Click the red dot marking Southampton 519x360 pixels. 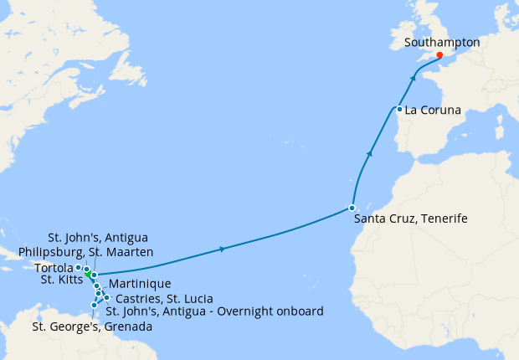440,56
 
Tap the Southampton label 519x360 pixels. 441,41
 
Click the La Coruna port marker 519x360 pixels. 399,109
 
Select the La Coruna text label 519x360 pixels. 434,109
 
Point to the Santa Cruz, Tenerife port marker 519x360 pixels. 352,208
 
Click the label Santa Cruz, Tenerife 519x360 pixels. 410,219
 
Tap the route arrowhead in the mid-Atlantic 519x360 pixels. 222,249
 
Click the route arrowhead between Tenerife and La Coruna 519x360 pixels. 369,153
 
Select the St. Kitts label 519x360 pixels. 61,280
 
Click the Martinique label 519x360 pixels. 140,285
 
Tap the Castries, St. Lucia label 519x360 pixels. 163,298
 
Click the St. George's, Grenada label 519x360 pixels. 92,327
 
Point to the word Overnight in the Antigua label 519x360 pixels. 241,311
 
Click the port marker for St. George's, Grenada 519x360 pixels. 94,305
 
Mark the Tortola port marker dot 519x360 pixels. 79,268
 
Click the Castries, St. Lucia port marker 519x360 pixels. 106,298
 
